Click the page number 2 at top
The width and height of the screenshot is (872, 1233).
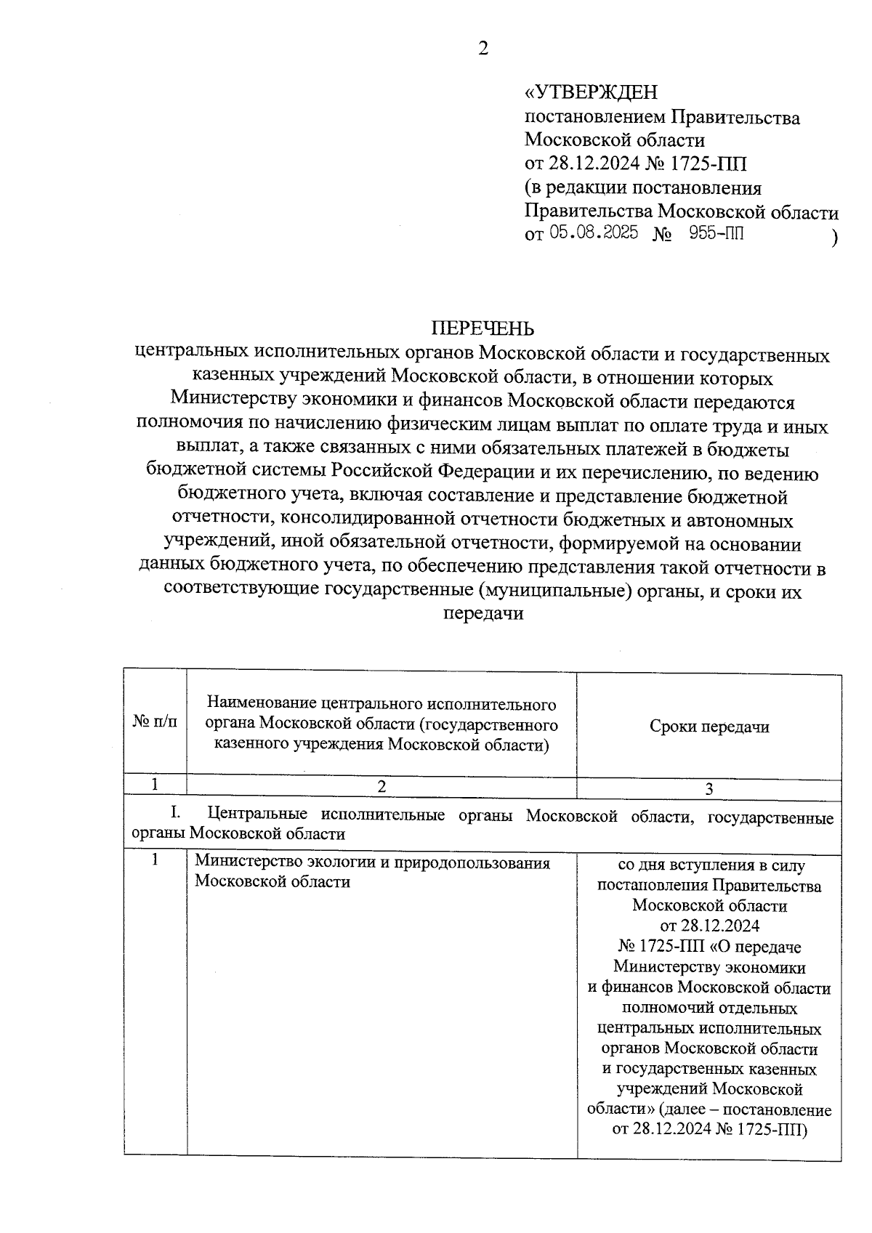pos(483,49)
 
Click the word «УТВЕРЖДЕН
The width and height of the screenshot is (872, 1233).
pos(591,92)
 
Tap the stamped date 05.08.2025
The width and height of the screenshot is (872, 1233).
pos(594,233)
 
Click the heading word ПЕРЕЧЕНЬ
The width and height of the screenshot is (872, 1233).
pos(483,329)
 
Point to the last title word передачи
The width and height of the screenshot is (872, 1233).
pos(483,614)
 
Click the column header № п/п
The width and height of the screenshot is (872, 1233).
pos(155,723)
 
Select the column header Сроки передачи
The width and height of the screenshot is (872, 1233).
pos(708,727)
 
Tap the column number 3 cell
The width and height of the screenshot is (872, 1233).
pos(708,789)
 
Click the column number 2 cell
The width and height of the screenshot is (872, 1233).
pos(382,787)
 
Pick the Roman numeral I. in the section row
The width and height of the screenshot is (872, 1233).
pos(175,814)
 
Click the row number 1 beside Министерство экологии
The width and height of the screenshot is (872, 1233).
pos(155,860)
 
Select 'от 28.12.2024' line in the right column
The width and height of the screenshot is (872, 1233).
pos(708,926)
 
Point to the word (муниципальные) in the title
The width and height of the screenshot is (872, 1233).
pos(554,591)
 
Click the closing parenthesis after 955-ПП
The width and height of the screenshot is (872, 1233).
pos(835,238)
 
